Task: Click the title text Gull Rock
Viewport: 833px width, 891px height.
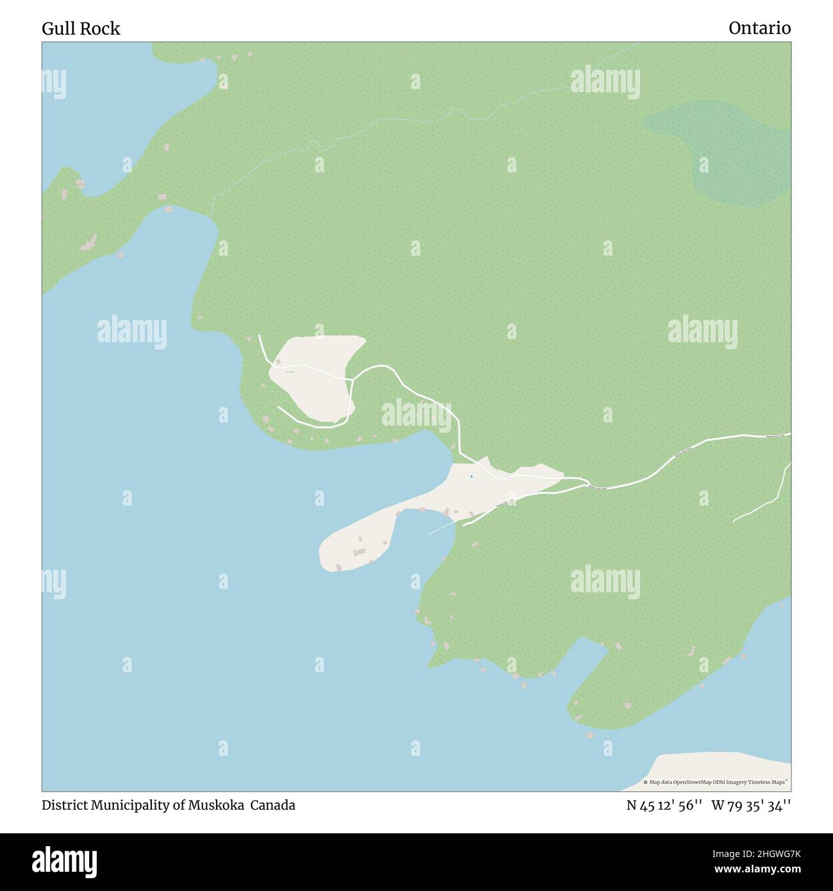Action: (81, 29)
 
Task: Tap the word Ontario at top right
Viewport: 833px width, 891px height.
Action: (759, 28)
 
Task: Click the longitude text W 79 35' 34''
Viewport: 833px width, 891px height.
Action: (750, 805)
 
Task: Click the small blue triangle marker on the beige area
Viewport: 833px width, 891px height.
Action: (471, 476)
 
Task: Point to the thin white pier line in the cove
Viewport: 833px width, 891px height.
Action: (440, 528)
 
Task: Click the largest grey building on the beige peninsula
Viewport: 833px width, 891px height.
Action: (359, 551)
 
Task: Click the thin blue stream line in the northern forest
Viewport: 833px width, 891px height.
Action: (384, 125)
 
